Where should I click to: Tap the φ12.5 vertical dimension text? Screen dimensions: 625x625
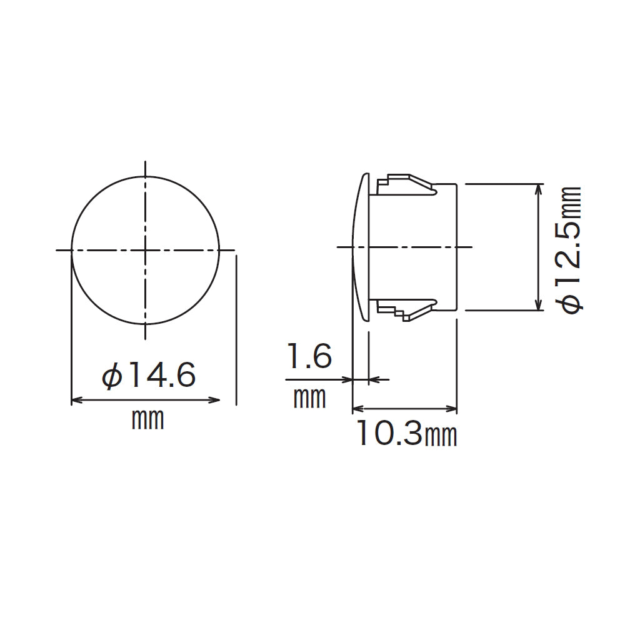pyautogui.click(x=570, y=250)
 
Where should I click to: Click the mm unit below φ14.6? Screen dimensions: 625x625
pyautogui.click(x=147, y=419)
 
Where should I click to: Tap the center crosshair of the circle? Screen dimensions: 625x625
pyautogui.click(x=146, y=250)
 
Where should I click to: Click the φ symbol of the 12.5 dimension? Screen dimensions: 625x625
pyautogui.click(x=570, y=303)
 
